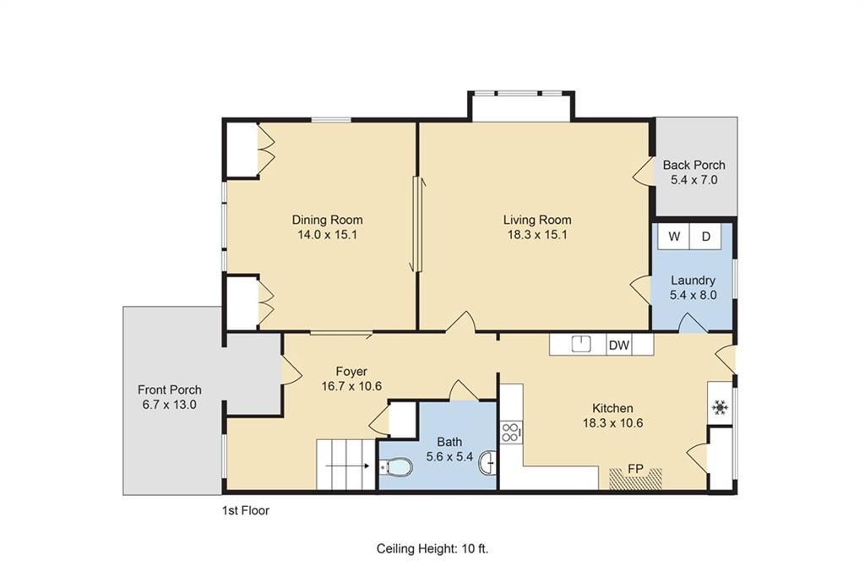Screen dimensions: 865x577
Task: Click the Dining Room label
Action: coord(327,220)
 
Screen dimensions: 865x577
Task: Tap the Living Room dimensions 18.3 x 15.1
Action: coord(537,235)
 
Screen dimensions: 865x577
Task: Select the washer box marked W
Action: coord(674,237)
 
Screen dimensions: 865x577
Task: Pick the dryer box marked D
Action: coord(705,237)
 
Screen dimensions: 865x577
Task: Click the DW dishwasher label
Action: coord(619,346)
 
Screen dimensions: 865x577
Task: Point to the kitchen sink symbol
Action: coord(581,344)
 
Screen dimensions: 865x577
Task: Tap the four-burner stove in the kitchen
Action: coord(511,432)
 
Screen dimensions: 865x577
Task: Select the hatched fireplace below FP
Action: coord(635,478)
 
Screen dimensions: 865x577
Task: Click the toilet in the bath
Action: coord(396,468)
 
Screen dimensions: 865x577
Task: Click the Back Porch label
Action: coord(694,165)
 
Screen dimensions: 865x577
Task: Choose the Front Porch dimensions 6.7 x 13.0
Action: coord(169,405)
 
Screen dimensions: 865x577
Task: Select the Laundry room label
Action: coord(693,280)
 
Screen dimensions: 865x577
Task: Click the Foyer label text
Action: coord(351,371)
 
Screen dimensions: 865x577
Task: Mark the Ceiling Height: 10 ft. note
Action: coord(432,549)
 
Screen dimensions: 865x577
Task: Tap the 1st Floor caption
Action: coord(246,510)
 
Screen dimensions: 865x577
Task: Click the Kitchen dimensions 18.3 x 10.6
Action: coord(613,423)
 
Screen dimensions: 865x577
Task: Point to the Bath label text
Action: coord(449,442)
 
